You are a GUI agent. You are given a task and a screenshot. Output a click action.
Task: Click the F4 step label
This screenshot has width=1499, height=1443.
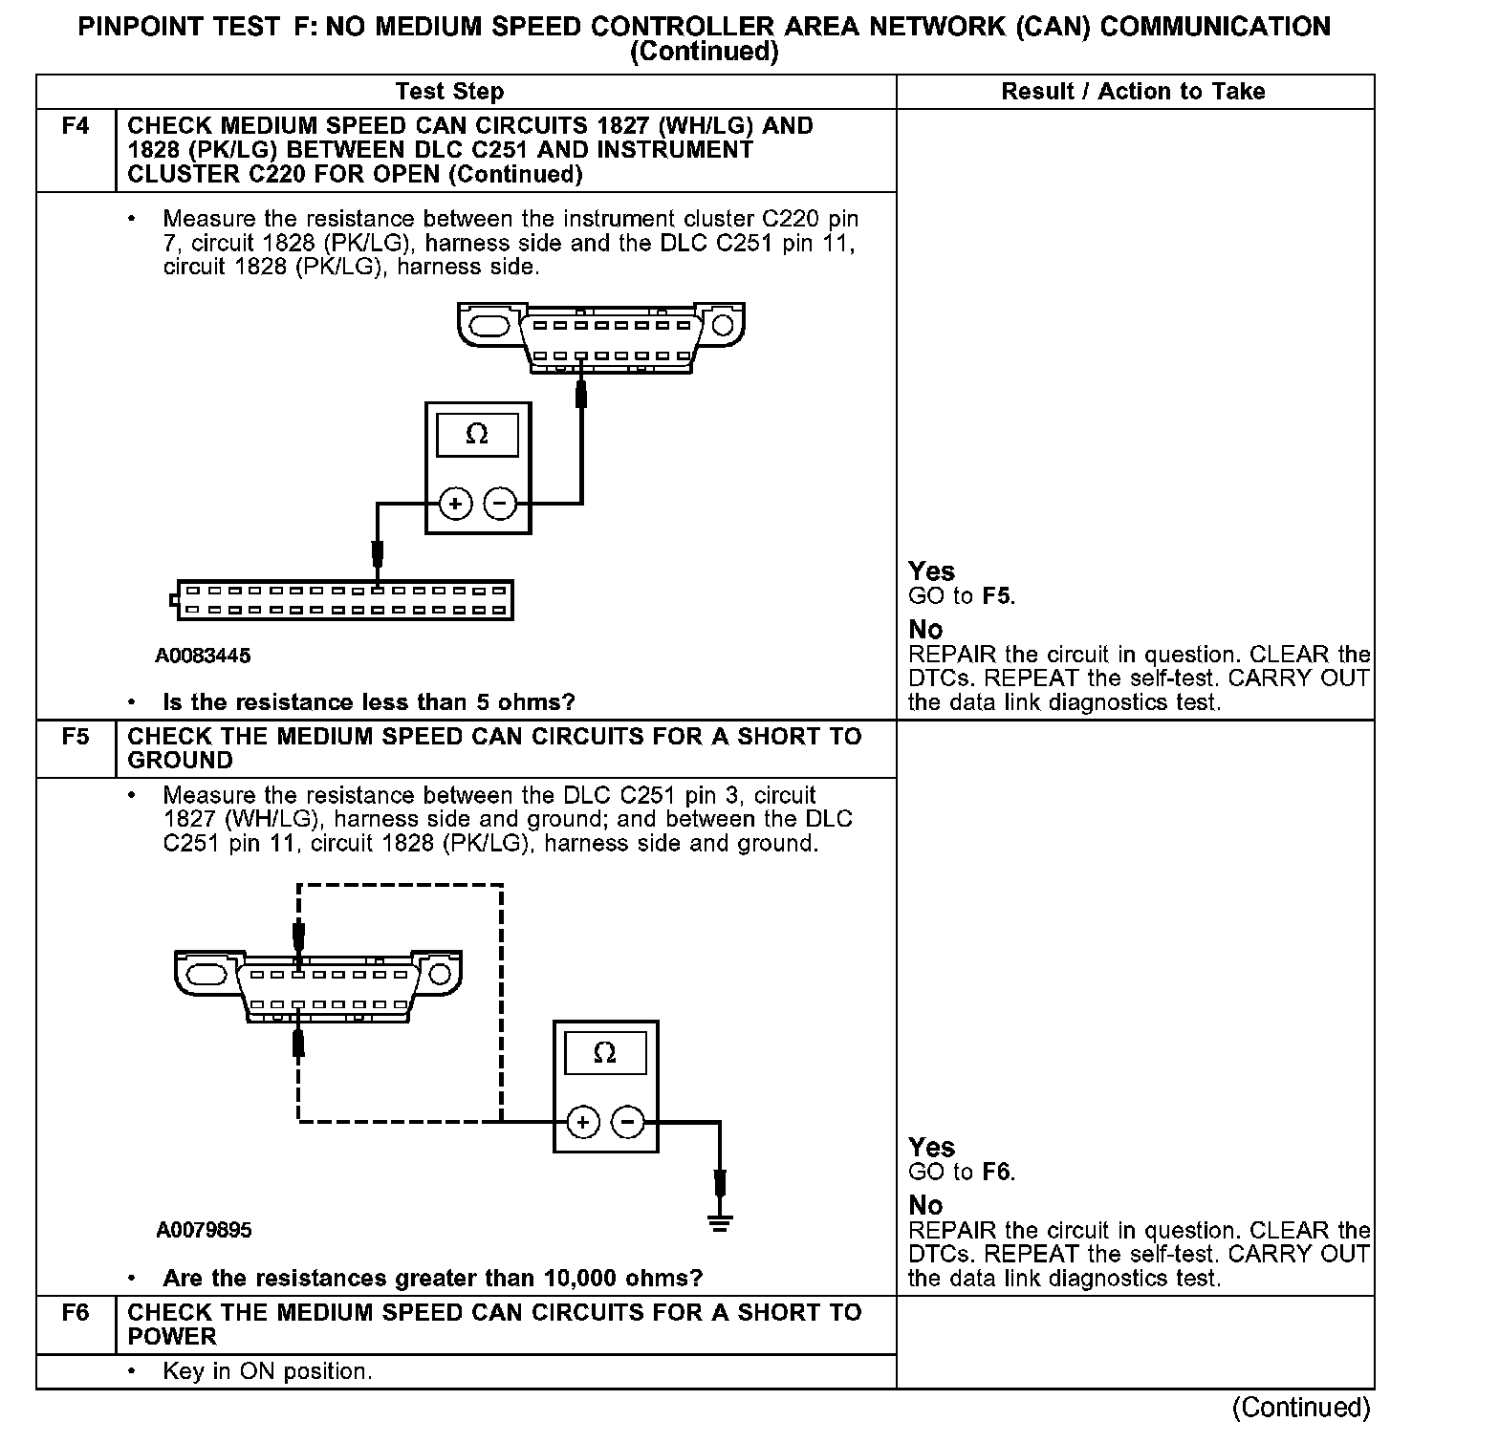(x=76, y=126)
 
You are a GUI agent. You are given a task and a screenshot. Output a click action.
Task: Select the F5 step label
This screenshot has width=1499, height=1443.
(x=76, y=737)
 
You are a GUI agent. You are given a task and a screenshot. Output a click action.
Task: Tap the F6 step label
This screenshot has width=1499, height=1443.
(x=76, y=1313)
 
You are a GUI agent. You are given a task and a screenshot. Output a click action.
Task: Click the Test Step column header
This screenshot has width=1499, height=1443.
(x=449, y=92)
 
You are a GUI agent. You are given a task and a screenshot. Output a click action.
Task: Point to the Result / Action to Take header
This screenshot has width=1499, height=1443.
(x=1133, y=92)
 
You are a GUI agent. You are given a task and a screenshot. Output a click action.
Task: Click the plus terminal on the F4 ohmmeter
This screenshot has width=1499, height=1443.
(x=456, y=504)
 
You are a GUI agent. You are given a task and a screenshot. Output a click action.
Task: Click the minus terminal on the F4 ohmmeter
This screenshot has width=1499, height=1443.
(x=500, y=504)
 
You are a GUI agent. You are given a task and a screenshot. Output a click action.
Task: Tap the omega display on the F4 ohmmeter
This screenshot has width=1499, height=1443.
(x=477, y=436)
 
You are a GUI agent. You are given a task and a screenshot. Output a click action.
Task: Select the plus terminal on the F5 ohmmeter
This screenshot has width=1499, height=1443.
(x=583, y=1122)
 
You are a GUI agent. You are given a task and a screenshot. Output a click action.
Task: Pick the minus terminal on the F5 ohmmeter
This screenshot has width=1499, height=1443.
(x=628, y=1122)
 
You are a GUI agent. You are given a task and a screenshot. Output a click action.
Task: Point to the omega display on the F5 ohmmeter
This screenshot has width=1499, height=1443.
(x=605, y=1053)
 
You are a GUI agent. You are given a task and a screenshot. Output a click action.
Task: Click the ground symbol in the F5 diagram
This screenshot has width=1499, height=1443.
(x=720, y=1220)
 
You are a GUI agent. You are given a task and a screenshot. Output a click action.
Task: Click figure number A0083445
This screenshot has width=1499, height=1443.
(x=203, y=656)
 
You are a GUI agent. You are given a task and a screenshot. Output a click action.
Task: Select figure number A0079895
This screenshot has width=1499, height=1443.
(x=204, y=1230)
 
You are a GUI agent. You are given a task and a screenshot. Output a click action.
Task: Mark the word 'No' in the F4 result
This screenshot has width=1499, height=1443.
(x=925, y=630)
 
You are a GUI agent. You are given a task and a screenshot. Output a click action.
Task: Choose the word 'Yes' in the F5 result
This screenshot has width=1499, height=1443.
(x=931, y=1147)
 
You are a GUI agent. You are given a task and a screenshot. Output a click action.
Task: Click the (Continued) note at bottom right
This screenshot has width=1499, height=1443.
(x=1300, y=1407)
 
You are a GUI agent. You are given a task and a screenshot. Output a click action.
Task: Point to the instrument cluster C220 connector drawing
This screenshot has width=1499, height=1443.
(x=341, y=600)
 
